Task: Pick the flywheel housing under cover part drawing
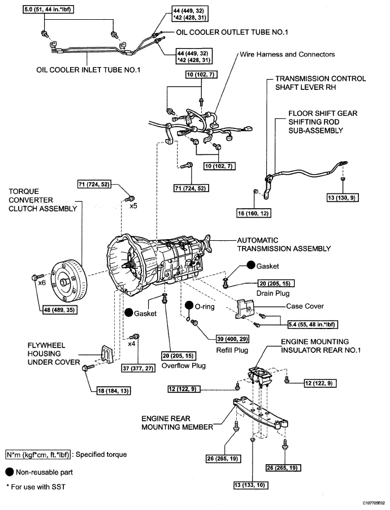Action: point(107,354)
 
